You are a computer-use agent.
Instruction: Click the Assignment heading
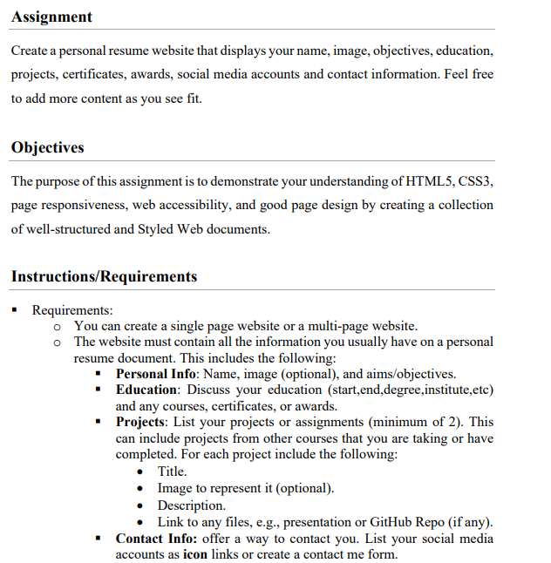click(51, 17)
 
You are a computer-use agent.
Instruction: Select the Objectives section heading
click(48, 147)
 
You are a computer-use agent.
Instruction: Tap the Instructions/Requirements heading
click(104, 276)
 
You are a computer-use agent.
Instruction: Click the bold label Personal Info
click(155, 373)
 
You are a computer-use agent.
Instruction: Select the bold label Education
click(147, 390)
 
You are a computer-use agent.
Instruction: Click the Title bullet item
click(172, 471)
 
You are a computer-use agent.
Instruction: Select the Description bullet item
click(191, 505)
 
